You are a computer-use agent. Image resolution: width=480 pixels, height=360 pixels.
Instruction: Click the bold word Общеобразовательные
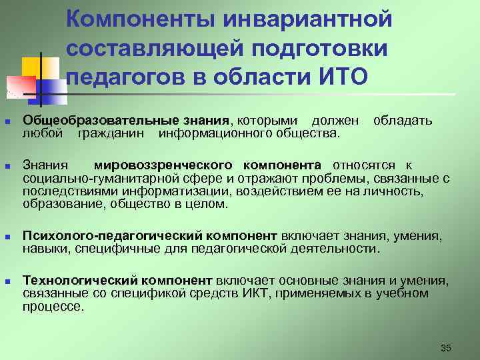91,121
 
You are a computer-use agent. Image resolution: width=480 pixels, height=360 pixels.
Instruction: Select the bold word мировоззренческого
164,165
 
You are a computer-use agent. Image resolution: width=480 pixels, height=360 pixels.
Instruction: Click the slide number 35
446,348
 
